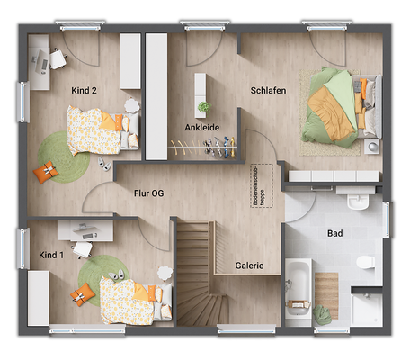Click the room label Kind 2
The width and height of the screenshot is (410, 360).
(84, 90)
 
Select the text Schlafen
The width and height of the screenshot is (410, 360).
(269, 91)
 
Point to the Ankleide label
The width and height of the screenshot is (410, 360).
(201, 127)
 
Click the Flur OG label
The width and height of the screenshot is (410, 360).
(148, 193)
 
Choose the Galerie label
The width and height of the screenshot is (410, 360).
(249, 265)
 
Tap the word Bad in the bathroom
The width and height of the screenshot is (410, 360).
(334, 233)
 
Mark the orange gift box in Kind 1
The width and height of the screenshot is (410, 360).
(85, 292)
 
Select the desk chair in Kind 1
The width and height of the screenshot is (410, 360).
(83, 249)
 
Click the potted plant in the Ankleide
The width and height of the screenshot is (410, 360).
(204, 107)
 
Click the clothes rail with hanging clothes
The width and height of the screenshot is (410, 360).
(205, 147)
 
